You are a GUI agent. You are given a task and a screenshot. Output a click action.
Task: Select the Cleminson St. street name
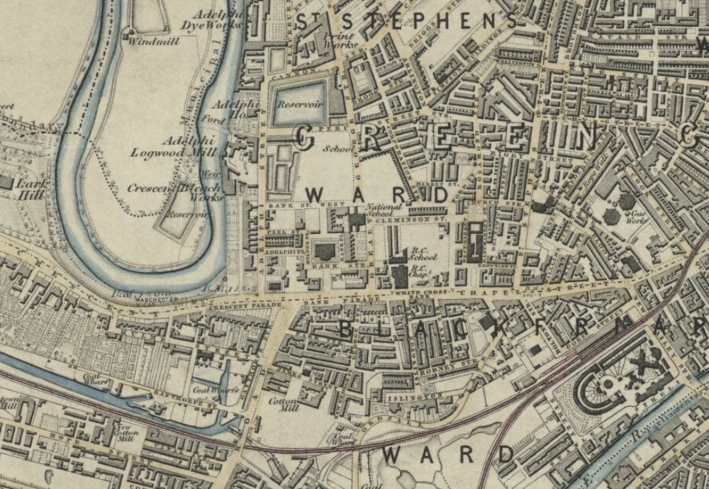pyautogui.click(x=411, y=221)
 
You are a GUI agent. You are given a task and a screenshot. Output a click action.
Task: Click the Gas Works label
pyautogui.click(x=632, y=216)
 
